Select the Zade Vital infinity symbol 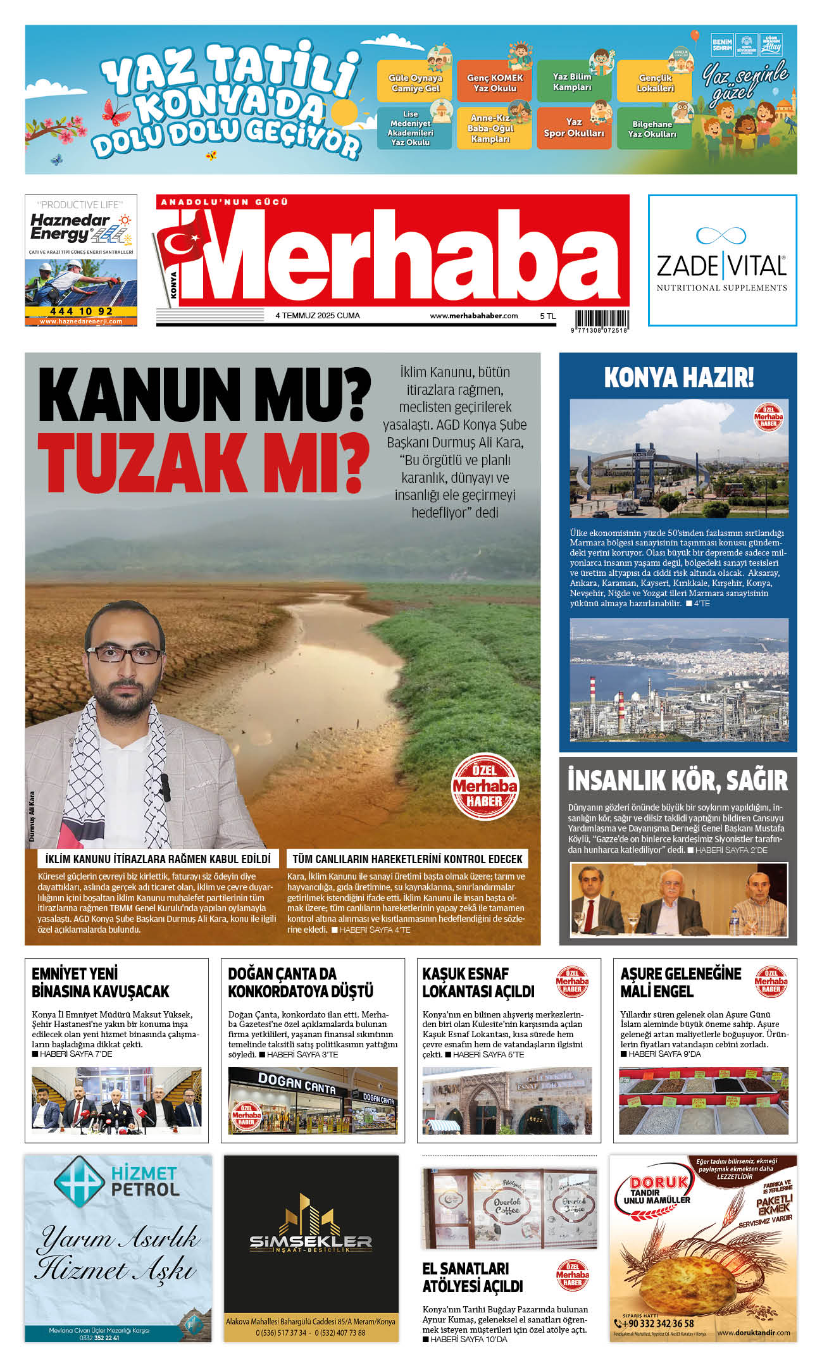click(721, 236)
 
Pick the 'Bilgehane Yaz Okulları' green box click(652, 129)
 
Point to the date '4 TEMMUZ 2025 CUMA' click(318, 316)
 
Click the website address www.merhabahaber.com click(473, 316)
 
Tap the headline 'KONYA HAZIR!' click(678, 378)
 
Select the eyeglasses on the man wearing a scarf click(125, 654)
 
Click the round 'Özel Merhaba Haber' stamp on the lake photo click(485, 787)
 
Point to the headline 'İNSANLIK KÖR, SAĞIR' click(678, 781)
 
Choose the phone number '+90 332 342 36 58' click(658, 1323)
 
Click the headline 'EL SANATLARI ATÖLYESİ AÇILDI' click(472, 1278)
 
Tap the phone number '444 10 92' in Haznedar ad click(81, 311)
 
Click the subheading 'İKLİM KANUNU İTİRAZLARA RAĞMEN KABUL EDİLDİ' click(158, 859)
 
